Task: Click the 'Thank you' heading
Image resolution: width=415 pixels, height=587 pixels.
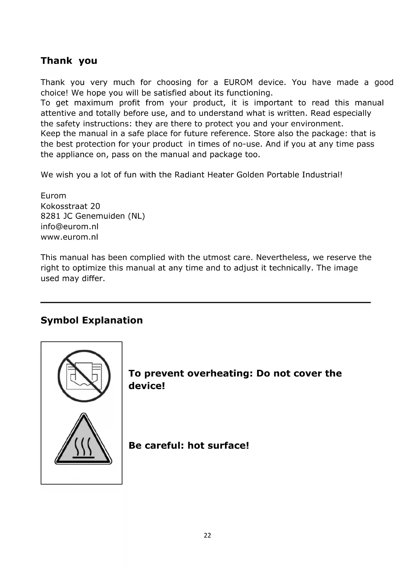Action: tap(69, 61)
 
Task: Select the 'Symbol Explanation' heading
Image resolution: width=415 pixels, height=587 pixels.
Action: tap(92, 320)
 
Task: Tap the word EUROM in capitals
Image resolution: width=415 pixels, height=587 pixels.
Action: tap(238, 82)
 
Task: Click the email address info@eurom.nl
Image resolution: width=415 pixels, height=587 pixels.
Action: tap(70, 227)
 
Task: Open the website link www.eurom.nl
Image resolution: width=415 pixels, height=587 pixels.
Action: tap(69, 237)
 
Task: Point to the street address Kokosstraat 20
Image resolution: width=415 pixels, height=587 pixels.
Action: tap(70, 206)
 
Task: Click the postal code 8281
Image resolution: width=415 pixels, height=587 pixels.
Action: tap(49, 216)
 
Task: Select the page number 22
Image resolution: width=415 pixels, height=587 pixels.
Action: tap(207, 535)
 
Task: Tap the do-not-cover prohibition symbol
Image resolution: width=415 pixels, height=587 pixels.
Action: tap(84, 376)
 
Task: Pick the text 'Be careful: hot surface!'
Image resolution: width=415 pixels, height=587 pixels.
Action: tap(189, 446)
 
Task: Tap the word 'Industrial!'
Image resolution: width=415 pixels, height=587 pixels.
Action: tap(322, 175)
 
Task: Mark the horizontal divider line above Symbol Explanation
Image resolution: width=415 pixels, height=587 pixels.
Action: tap(205, 303)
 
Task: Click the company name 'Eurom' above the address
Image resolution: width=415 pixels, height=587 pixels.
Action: tap(53, 196)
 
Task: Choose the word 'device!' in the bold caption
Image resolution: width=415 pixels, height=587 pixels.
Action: tap(147, 386)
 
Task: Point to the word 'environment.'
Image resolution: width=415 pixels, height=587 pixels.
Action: tap(317, 124)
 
